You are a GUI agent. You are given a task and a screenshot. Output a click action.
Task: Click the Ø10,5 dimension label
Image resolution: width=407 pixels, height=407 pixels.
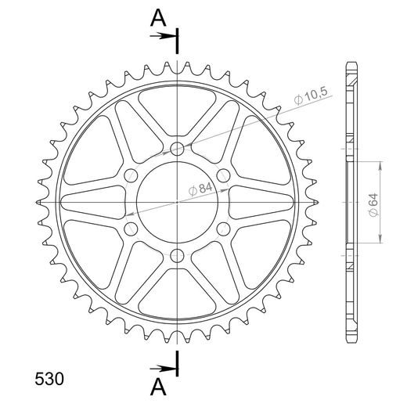311,95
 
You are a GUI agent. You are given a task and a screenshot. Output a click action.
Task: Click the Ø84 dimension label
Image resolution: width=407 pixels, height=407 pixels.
200,189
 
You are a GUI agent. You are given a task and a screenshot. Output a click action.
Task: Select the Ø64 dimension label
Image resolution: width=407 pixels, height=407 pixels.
373,204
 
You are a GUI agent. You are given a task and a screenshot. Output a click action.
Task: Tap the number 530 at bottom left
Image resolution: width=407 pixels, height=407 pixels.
49,379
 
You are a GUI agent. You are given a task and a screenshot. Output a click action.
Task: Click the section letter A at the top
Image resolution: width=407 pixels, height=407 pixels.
158,18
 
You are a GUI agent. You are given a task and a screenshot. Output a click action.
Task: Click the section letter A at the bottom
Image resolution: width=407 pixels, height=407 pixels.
158,387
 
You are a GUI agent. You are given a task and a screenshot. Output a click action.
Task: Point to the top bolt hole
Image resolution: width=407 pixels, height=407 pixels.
177,149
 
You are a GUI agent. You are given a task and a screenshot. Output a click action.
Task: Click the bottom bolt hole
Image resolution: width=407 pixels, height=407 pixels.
177,256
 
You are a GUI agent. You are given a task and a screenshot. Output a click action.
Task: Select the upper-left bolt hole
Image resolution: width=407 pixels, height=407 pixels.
131,175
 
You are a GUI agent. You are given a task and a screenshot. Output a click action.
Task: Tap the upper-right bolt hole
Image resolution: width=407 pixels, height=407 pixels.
224,175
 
